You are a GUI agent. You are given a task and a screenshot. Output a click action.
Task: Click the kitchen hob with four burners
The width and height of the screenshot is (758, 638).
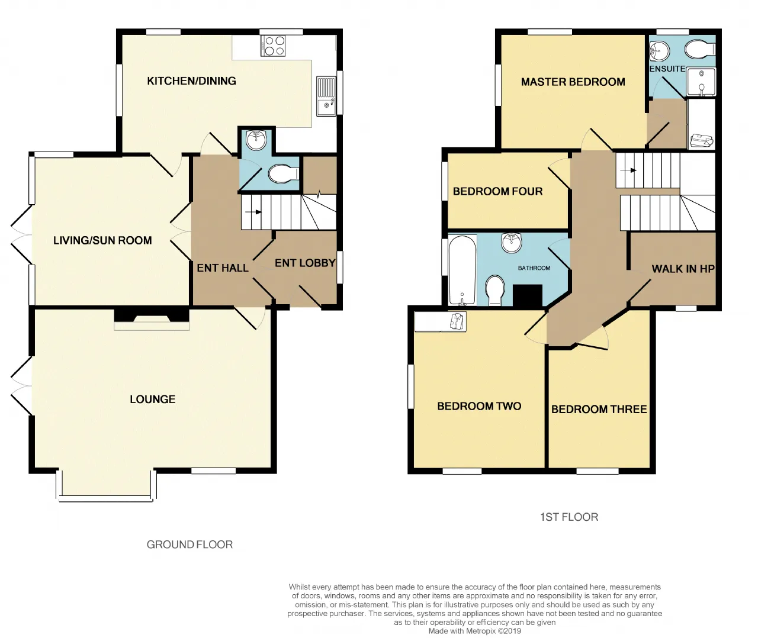click(272, 46)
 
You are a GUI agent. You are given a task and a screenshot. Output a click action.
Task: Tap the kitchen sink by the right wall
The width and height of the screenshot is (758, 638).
click(326, 96)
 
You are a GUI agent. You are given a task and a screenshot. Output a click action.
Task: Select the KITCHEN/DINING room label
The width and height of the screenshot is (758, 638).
click(191, 80)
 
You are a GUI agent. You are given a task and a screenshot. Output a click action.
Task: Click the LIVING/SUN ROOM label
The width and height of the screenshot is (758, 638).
click(102, 240)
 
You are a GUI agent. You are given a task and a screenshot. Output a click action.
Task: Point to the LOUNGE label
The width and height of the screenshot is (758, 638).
click(152, 399)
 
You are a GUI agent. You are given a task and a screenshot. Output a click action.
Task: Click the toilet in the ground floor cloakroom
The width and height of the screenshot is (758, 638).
click(284, 174)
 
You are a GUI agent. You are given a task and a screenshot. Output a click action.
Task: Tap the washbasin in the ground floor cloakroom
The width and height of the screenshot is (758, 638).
click(256, 140)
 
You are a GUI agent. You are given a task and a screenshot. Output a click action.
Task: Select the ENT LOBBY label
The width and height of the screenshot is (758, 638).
click(305, 263)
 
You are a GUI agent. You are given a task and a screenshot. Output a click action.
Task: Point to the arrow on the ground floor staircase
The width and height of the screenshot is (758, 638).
click(253, 212)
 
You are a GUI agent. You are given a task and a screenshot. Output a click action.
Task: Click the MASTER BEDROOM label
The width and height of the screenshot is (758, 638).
click(573, 82)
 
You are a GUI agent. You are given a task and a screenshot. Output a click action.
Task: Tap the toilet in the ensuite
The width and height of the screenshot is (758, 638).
click(700, 49)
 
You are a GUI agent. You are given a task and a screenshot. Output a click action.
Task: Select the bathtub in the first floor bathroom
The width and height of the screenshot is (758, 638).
click(462, 270)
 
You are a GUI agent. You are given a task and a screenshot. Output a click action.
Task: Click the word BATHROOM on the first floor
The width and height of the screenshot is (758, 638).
click(534, 268)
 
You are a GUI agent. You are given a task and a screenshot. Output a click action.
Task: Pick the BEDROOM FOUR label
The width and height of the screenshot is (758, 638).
click(497, 191)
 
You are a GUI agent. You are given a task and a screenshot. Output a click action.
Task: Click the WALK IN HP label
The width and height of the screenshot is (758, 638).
click(683, 269)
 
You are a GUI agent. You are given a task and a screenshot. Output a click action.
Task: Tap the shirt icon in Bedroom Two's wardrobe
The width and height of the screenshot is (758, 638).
click(457, 321)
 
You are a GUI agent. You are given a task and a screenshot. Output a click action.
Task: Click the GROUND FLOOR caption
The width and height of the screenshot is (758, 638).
click(189, 544)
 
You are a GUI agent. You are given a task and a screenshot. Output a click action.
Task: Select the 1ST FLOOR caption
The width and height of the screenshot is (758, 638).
click(569, 517)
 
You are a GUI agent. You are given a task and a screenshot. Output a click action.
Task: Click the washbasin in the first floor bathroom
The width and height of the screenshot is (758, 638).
click(512, 243)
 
